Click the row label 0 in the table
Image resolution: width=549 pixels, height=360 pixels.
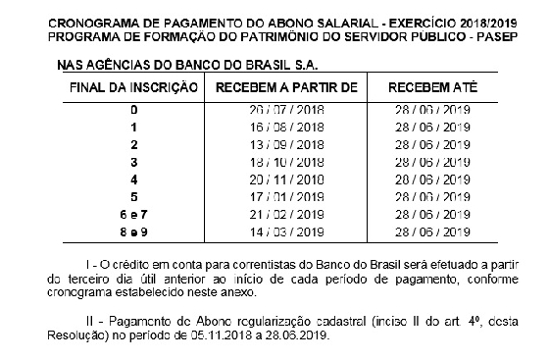133,112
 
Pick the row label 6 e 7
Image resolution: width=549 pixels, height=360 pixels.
133,214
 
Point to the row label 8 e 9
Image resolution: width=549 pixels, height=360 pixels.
133,231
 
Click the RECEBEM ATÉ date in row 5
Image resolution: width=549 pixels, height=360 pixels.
429,196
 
